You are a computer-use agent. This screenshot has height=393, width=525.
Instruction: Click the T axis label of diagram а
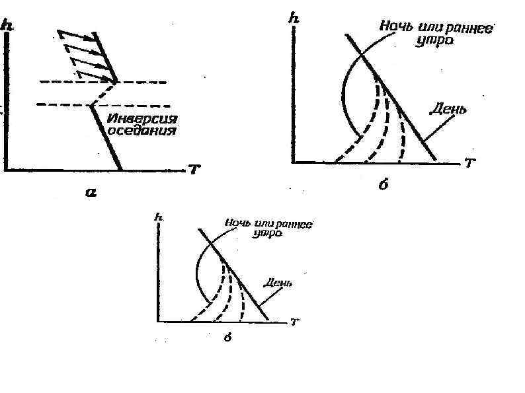click(195, 170)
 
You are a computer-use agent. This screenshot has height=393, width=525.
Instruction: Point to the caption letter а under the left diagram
click(91, 193)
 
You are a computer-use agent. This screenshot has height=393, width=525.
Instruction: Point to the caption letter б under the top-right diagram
click(383, 185)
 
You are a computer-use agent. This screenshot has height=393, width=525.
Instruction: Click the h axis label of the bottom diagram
click(158, 216)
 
